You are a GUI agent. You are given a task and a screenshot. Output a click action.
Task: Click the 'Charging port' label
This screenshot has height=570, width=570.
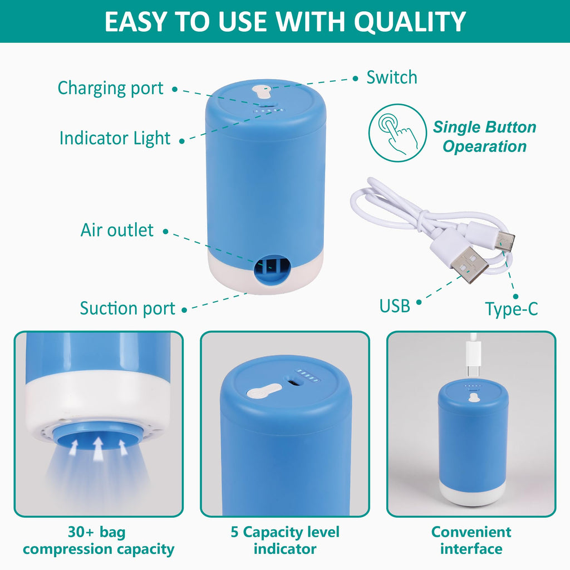(110, 88)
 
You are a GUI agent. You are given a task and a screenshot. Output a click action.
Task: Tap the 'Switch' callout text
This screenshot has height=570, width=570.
(391, 77)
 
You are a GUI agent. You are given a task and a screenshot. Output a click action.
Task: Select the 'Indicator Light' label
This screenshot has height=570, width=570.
(115, 138)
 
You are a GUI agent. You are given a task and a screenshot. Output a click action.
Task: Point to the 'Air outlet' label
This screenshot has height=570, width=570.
(117, 230)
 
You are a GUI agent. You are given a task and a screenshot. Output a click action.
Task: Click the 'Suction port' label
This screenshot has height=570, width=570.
(127, 308)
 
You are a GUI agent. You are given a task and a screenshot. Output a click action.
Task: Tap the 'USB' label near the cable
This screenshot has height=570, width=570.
(395, 306)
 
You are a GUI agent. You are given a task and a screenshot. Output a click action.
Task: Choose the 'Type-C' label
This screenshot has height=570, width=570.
(511, 309)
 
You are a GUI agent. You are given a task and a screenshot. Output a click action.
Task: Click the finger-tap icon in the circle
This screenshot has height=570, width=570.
(397, 133)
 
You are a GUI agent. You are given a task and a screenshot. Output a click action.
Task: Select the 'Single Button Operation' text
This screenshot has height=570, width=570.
(484, 137)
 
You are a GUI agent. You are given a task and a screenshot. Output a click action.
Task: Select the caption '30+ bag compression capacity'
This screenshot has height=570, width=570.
(99, 540)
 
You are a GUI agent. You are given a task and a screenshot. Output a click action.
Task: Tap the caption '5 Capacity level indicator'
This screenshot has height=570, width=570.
(285, 540)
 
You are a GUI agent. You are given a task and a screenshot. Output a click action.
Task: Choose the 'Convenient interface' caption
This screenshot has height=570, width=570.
(471, 540)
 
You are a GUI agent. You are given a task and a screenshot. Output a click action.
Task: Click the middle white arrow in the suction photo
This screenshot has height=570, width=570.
(99, 448)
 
